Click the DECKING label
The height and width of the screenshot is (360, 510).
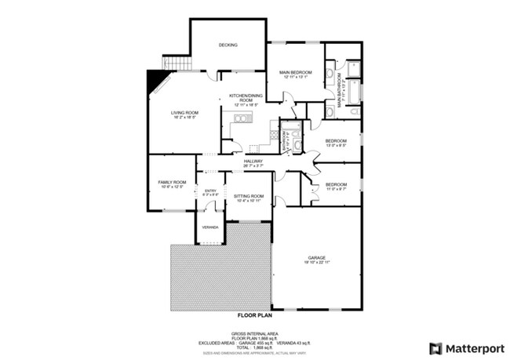(x=228, y=45)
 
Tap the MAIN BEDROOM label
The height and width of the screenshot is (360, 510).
(x=295, y=73)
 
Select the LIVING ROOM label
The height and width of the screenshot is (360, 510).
(x=185, y=113)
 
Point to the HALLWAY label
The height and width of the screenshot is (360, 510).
(x=252, y=161)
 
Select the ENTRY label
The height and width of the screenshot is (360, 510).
(x=210, y=191)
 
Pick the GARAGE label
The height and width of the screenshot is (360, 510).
(x=317, y=257)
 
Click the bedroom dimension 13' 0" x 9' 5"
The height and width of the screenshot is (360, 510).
(x=337, y=145)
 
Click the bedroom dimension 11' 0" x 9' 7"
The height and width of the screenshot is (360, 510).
(x=336, y=189)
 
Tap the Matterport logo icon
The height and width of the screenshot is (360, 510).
(x=435, y=347)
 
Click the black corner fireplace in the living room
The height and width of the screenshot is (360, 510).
(x=156, y=80)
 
